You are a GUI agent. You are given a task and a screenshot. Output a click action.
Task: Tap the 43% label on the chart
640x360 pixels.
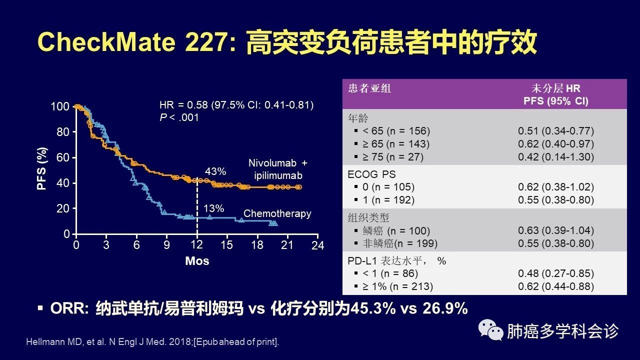tap(216, 171)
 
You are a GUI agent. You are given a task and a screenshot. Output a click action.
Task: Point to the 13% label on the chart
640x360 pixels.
tap(213, 208)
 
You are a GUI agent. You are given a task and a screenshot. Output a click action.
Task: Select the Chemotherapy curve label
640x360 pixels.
tap(277, 213)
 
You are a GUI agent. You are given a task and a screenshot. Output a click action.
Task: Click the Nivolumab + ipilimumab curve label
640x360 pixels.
tap(278, 169)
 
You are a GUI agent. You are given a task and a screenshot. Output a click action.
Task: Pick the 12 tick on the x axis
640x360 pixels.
tap(197, 245)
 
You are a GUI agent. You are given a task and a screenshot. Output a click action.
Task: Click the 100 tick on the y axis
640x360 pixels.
tap(60, 106)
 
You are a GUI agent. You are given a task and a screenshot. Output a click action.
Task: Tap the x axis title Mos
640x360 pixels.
tap(197, 261)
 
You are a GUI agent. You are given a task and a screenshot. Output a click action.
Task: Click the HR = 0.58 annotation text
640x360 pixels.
tap(236, 105)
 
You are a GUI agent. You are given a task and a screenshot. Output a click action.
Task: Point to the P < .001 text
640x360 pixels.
tap(179, 117)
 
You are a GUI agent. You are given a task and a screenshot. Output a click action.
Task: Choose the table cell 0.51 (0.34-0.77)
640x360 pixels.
tap(555, 131)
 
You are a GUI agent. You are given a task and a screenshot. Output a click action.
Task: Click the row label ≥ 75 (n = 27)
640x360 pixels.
tap(390, 157)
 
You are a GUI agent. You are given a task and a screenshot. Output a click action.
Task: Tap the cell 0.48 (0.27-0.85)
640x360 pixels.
tap(555, 273)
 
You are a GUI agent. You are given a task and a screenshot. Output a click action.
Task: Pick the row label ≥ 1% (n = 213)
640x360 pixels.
tap(395, 286)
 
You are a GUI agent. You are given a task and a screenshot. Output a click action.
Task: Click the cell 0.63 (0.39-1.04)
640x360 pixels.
tap(555, 230)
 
